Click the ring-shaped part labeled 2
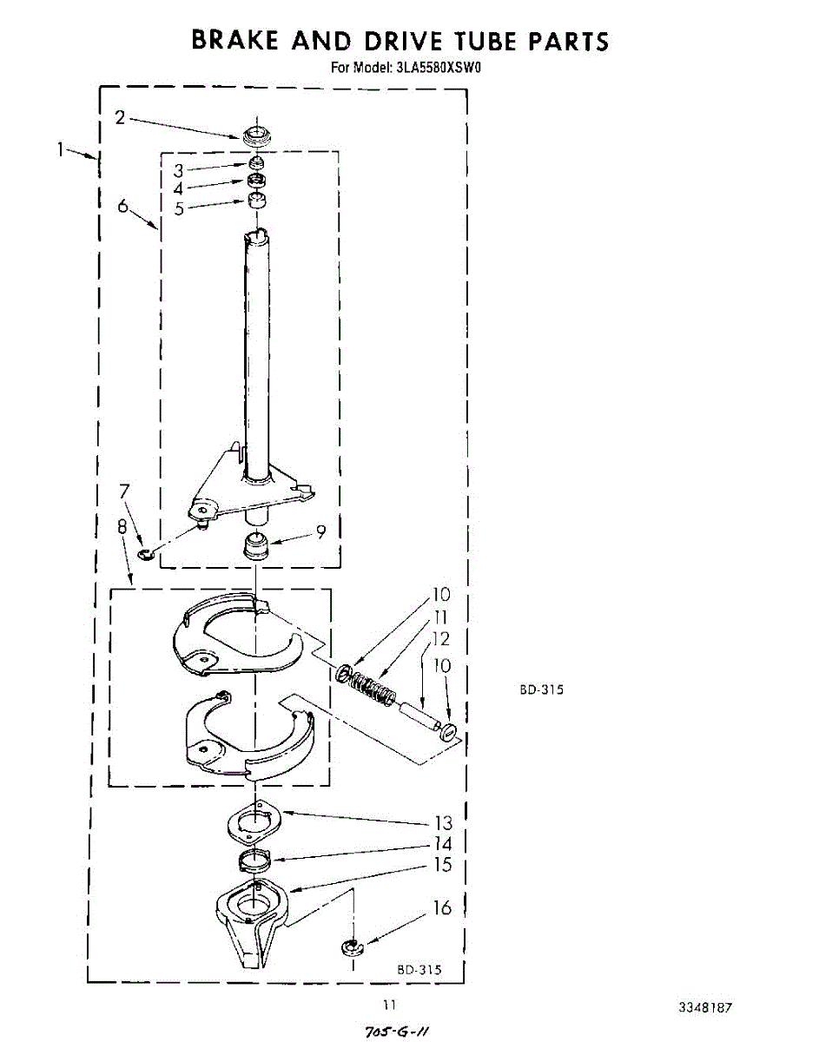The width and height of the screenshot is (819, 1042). (x=257, y=135)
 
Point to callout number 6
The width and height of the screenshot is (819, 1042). (x=123, y=206)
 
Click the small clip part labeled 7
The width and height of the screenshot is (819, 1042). (x=146, y=553)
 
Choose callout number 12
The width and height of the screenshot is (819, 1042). (x=440, y=639)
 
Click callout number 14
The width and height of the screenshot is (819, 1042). (x=443, y=843)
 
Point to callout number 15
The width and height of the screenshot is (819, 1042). (x=443, y=865)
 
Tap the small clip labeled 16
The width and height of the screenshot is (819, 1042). (x=351, y=946)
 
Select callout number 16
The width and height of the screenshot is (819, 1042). (x=443, y=908)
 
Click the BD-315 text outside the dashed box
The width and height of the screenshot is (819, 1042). (x=541, y=690)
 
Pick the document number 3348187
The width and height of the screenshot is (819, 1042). (x=704, y=1008)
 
